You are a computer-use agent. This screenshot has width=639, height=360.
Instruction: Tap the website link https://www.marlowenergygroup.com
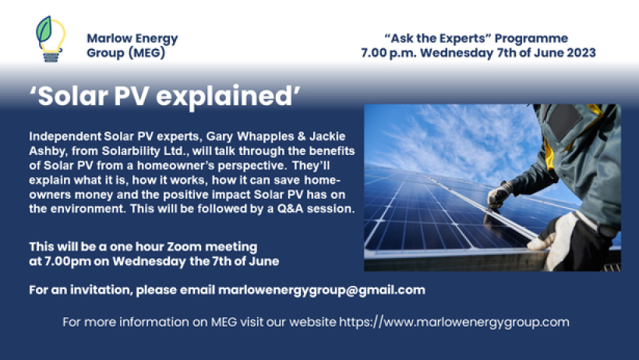pyautogui.click(x=454, y=321)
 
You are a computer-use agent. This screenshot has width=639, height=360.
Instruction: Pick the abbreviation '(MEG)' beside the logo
pyautogui.click(x=147, y=53)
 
